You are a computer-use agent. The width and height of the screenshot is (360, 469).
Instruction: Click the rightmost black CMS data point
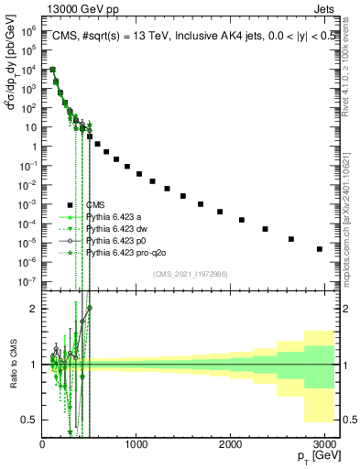(319, 249)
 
